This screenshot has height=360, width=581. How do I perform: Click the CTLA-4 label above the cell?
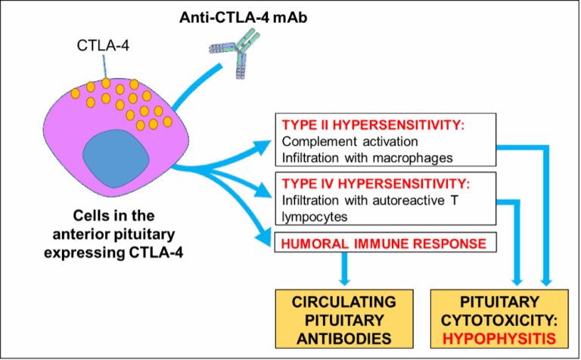pyautogui.click(x=101, y=46)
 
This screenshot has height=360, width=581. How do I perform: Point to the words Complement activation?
pyautogui.click(x=350, y=141)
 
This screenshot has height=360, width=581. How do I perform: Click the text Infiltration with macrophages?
pyautogui.click(x=367, y=158)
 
